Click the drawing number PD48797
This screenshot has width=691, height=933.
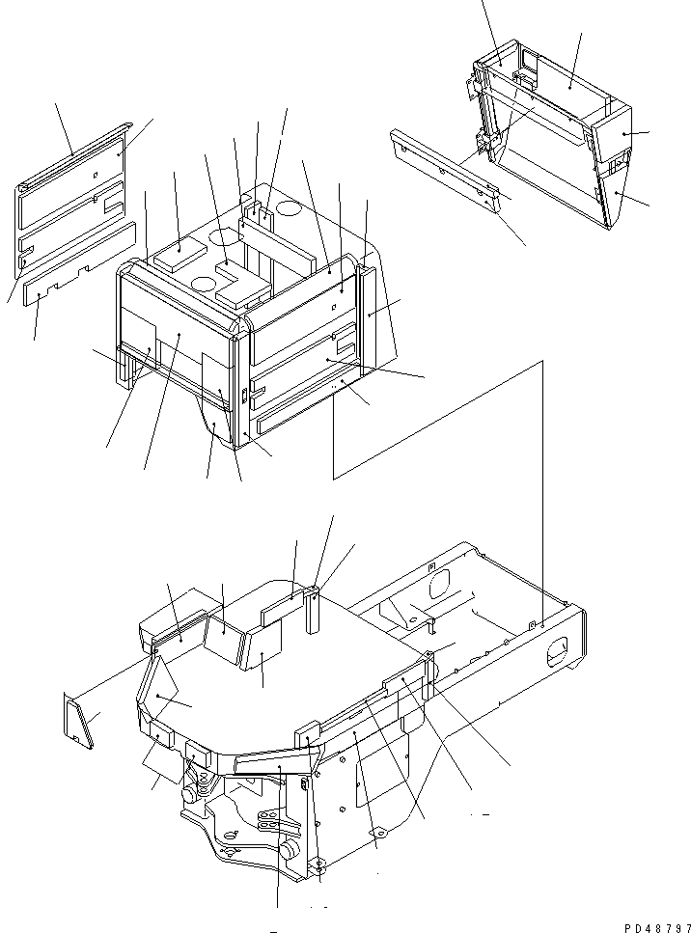(657, 927)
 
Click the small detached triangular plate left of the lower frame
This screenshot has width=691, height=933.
(78, 721)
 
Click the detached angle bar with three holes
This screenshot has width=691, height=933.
(445, 166)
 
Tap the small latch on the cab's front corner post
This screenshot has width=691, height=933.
(244, 396)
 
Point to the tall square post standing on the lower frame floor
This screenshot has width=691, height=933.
(313, 610)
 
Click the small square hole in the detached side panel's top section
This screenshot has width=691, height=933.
(96, 175)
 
